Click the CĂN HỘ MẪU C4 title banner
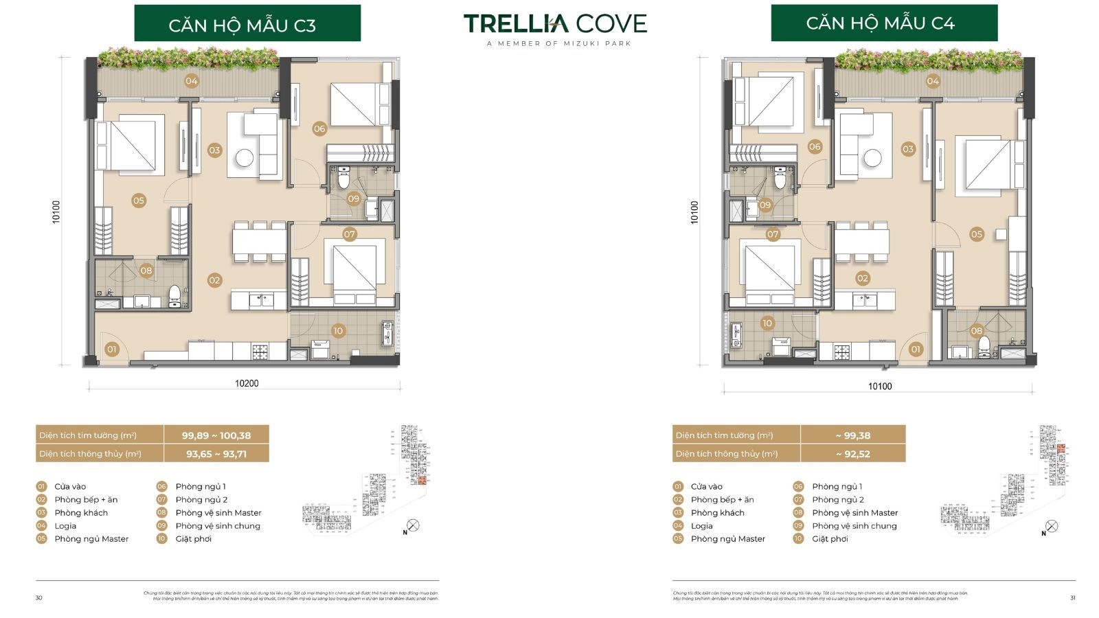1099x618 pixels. click(x=883, y=23)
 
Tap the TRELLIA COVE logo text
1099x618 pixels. click(x=555, y=24)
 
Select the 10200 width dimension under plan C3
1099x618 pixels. click(x=247, y=383)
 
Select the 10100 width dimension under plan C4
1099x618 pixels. click(x=879, y=386)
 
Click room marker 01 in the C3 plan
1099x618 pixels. click(x=111, y=349)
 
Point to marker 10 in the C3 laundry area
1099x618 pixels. click(x=337, y=330)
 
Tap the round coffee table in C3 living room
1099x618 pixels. click(x=245, y=158)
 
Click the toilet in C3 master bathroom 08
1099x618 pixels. click(x=174, y=295)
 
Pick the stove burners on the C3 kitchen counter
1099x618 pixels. click(x=260, y=352)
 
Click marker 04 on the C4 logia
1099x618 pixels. click(x=932, y=81)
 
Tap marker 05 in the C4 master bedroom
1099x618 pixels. click(x=976, y=234)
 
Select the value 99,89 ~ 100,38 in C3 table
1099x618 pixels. click(x=216, y=435)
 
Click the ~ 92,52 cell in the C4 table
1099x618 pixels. click(x=852, y=454)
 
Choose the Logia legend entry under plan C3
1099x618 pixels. click(x=65, y=526)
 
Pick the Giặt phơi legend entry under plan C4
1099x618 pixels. click(x=830, y=539)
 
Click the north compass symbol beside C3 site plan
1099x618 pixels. click(x=412, y=526)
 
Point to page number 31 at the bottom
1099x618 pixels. click(x=1072, y=598)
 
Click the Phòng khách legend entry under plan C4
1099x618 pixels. click(x=717, y=513)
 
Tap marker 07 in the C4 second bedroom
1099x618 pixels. click(x=773, y=234)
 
